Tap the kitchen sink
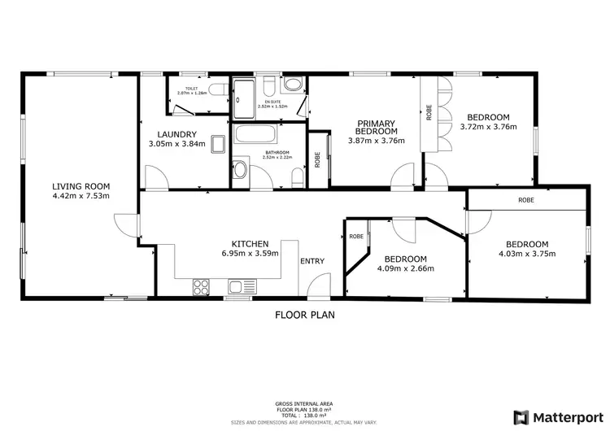[x=237, y=285]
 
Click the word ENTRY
[x=312, y=261]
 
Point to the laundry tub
[x=217, y=144]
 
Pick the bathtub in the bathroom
[x=258, y=135]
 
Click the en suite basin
[x=292, y=85]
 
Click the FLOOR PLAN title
[x=304, y=314]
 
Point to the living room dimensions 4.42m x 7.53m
[x=81, y=195]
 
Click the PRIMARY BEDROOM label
[x=377, y=127]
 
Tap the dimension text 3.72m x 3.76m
[x=485, y=126]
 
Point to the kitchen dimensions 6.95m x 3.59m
[x=251, y=253]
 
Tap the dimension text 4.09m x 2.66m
[x=406, y=268]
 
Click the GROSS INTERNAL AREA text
[x=305, y=403]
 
